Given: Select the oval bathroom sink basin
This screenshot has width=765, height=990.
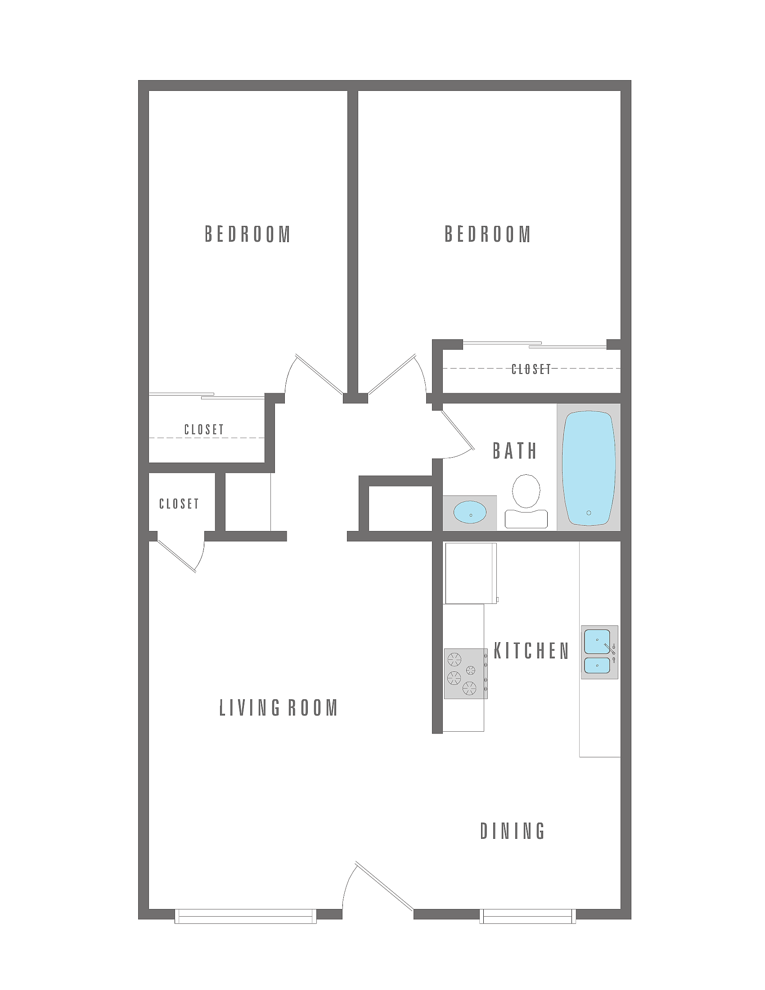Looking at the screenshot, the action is pyautogui.click(x=470, y=512).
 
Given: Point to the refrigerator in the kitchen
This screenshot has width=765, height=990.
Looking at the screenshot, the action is pyautogui.click(x=471, y=573).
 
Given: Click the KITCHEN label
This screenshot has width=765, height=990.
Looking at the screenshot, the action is pyautogui.click(x=531, y=651).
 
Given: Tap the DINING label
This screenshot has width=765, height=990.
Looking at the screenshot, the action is pyautogui.click(x=513, y=831).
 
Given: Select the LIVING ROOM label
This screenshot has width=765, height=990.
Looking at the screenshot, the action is pyautogui.click(x=279, y=707).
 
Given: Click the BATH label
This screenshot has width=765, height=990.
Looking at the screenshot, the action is pyautogui.click(x=515, y=450).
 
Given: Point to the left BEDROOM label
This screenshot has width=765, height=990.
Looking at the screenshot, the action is pyautogui.click(x=247, y=234).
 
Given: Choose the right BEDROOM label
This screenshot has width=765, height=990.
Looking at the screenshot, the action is pyautogui.click(x=487, y=234).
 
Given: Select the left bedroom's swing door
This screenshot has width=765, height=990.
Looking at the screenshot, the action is pyautogui.click(x=319, y=374).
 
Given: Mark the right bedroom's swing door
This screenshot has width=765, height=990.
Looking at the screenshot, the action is pyautogui.click(x=392, y=374).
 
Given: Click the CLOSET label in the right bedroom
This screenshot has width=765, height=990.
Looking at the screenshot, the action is pyautogui.click(x=531, y=369).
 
